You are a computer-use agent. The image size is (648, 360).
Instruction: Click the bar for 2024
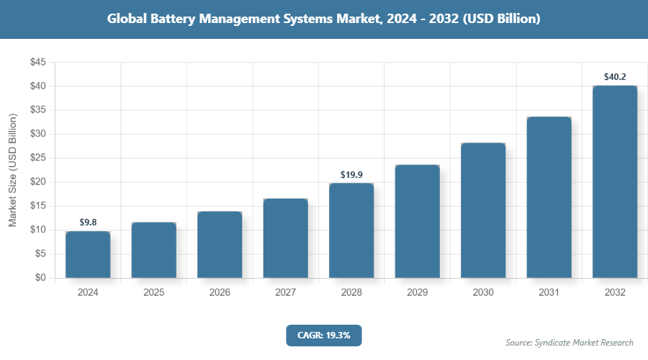[88, 254]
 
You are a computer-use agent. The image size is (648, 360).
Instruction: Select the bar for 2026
[220, 245]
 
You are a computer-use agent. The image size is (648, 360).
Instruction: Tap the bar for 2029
[417, 221]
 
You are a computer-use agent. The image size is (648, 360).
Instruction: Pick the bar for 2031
[549, 197]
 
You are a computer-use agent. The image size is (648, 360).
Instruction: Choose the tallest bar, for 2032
[615, 181]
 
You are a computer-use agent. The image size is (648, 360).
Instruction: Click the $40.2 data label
[615, 76]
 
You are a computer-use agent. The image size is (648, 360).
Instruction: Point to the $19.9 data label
[351, 174]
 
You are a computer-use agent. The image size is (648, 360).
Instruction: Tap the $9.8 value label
[88, 222]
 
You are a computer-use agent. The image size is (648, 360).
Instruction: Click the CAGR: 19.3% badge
[323, 336]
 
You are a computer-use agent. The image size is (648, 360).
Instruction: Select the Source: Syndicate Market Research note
[570, 342]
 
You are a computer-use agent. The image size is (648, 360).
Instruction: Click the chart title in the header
[323, 19]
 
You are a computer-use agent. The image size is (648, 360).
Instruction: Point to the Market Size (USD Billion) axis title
[12, 170]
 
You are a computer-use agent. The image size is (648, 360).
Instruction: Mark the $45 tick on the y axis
[37, 63]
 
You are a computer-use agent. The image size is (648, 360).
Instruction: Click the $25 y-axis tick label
[37, 158]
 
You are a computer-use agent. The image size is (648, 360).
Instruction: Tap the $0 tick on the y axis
[40, 278]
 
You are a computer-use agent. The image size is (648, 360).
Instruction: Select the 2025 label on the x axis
[153, 293]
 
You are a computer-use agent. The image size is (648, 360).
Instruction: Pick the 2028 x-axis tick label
[351, 293]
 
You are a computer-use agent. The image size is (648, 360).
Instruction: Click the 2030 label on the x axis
[483, 293]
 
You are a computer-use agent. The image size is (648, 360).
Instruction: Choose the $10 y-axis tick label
[37, 230]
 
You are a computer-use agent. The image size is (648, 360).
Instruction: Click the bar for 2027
[285, 238]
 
